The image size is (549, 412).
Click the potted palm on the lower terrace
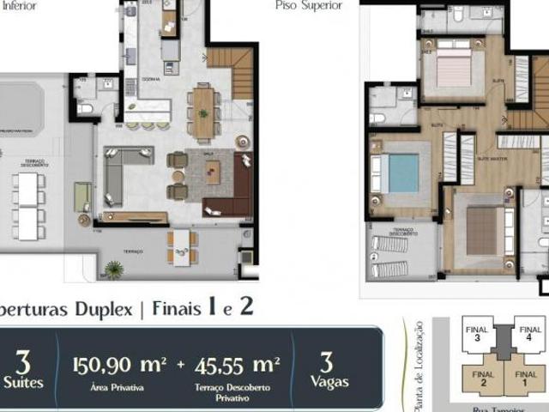(114, 270)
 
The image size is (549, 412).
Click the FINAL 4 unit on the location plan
(530, 334)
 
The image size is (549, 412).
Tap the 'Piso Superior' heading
(309, 6)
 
